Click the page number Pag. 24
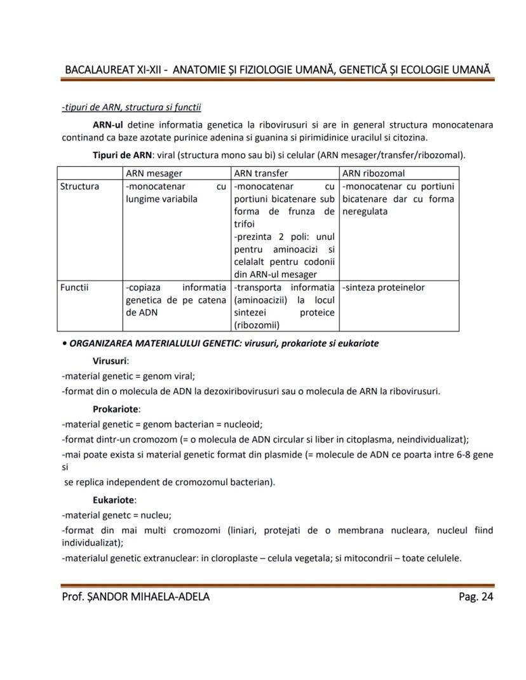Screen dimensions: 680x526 (x=475, y=596)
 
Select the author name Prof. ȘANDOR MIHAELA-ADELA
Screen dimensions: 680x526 (x=135, y=596)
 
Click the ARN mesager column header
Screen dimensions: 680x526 (x=154, y=173)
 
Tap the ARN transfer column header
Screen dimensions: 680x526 (x=261, y=173)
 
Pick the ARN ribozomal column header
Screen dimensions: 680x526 (x=374, y=173)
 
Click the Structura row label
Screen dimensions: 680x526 (x=79, y=186)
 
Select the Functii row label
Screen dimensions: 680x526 (x=74, y=287)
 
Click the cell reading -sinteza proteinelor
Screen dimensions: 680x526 (x=384, y=287)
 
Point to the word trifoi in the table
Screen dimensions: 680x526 (x=245, y=223)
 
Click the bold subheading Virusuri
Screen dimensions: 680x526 (x=111, y=360)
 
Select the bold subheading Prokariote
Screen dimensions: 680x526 (x=116, y=408)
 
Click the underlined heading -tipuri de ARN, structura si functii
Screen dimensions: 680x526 (x=131, y=107)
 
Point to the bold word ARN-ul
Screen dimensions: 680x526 (x=108, y=124)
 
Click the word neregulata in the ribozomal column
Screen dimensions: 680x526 (x=365, y=211)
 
